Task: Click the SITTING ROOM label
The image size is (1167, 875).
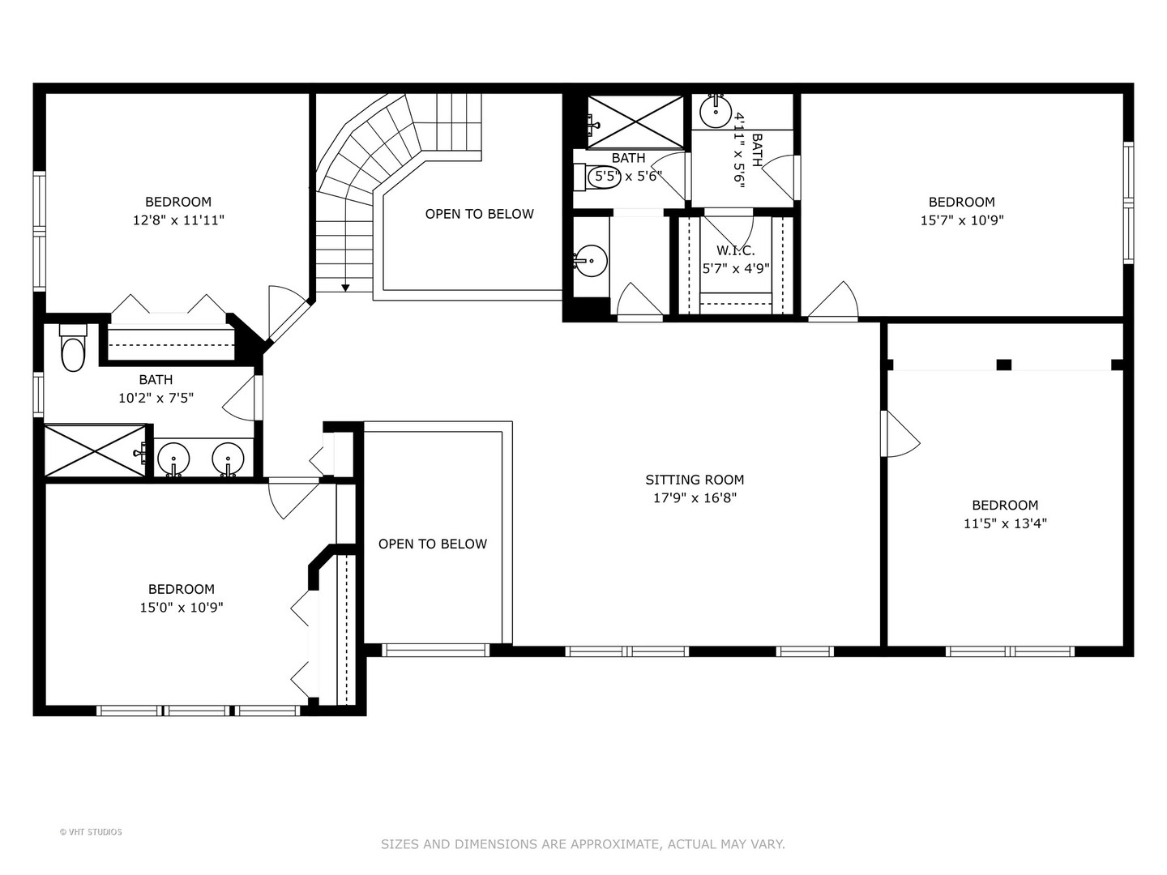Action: point(695,480)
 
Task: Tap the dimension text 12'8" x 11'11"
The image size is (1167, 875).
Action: point(177,220)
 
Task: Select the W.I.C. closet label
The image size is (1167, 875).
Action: point(735,250)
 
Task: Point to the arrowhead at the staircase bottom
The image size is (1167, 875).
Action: point(345,287)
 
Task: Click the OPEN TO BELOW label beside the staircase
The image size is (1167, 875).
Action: point(479,214)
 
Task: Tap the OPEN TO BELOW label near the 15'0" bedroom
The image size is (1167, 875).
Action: point(433,544)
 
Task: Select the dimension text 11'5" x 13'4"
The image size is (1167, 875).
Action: point(1005,523)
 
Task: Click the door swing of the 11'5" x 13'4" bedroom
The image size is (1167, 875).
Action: point(901,434)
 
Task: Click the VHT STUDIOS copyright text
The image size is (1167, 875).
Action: point(91,832)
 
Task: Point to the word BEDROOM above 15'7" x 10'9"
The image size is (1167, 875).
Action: point(961,202)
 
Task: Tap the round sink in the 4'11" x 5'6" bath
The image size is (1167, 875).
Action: point(716,112)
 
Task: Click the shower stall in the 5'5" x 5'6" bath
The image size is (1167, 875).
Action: point(635,122)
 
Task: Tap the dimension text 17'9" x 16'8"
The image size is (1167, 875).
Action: point(695,498)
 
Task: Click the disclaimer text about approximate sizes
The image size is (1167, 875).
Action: point(583,844)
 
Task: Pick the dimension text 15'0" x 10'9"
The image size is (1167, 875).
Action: point(181,607)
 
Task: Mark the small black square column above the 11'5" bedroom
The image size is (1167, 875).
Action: point(1003,365)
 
